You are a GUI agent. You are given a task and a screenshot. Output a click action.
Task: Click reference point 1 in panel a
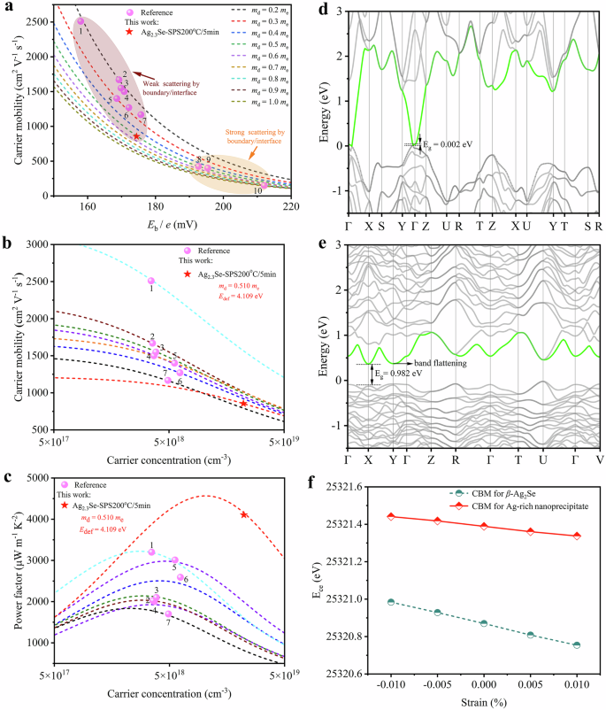[x=81, y=21]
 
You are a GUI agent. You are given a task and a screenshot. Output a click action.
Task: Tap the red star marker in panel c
[x=244, y=515]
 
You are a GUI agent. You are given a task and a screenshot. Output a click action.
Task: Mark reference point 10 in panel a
[x=264, y=185]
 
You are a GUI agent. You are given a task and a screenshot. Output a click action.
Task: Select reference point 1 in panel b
[x=150, y=281]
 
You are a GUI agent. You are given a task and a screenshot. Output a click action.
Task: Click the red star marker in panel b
[x=244, y=404]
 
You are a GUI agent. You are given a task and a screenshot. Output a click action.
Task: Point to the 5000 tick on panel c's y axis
[x=35, y=478]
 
